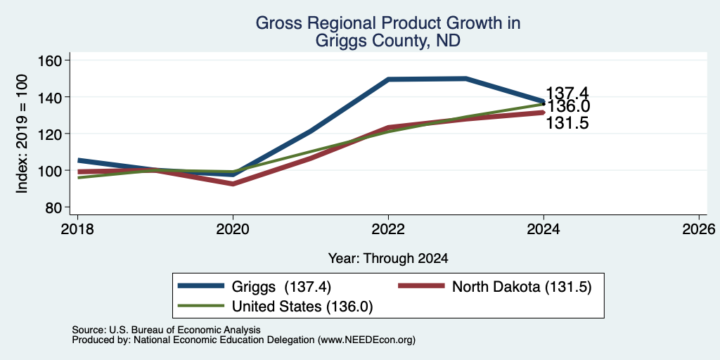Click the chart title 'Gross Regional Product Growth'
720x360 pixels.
coord(388,23)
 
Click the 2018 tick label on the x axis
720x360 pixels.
coord(77,229)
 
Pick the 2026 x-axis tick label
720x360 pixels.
coord(699,229)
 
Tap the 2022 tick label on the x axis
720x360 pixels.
coord(388,229)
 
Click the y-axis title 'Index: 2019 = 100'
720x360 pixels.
coord(22,134)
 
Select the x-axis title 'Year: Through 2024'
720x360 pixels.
coord(388,259)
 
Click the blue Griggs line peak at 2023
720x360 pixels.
coord(466,79)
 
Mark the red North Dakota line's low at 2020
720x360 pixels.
coord(233,184)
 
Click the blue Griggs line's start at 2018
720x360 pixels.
coord(79,160)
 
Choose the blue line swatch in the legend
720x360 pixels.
coord(201,286)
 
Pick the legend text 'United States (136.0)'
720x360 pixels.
coord(302,307)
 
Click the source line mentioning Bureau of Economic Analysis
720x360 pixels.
coord(166,330)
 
